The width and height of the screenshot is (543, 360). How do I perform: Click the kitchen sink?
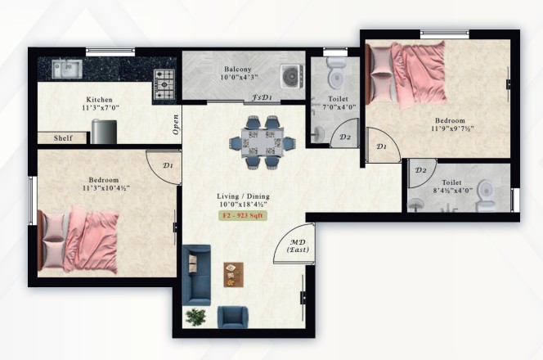pos(67,69)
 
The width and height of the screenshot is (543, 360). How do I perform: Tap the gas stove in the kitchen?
pos(164,84)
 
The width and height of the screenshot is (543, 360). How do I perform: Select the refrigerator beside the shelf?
pos(104,132)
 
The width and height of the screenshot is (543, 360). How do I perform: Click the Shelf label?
pos(63,138)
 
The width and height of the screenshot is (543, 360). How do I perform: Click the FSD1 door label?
pos(261,98)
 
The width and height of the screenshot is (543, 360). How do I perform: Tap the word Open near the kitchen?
pos(176,124)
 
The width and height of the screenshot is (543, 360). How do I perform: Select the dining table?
pos(263,142)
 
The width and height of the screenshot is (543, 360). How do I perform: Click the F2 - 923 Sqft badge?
pos(243,215)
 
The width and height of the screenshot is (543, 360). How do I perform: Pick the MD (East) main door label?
pos(298,246)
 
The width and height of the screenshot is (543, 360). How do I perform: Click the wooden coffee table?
pos(233,275)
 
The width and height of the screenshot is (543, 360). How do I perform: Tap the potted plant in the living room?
pos(195,317)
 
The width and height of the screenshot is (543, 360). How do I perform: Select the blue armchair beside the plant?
pos(232,317)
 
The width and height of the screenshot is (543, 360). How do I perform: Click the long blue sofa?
pos(196,275)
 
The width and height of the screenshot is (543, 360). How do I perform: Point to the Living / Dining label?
pos(243,196)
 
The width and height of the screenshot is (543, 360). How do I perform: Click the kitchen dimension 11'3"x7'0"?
pos(101,108)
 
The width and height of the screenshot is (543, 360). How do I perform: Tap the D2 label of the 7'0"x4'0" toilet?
pos(344,137)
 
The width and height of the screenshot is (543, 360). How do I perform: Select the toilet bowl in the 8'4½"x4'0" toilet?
pos(486,195)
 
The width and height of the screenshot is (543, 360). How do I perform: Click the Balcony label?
pos(237,69)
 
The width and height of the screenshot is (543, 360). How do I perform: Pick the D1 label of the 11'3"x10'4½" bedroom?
pos(168,165)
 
